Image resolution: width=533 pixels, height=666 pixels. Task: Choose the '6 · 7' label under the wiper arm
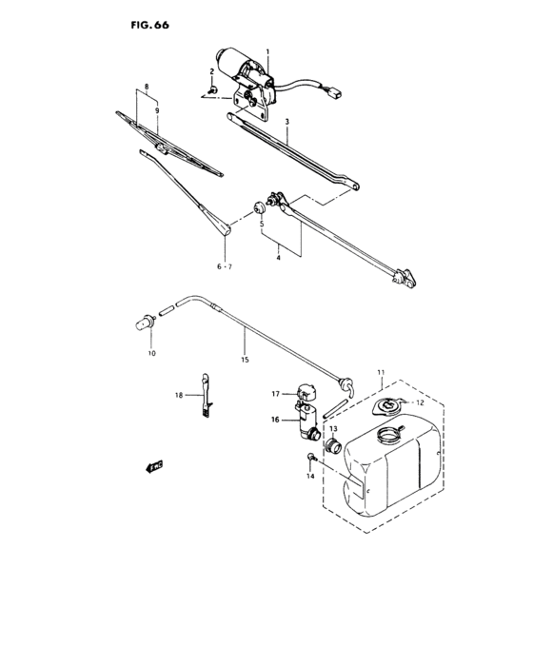(224, 267)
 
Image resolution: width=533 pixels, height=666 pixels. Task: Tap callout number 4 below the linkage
(278, 257)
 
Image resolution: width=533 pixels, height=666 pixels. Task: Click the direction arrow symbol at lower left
(152, 467)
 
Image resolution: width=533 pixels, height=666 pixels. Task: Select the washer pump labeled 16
(308, 420)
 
